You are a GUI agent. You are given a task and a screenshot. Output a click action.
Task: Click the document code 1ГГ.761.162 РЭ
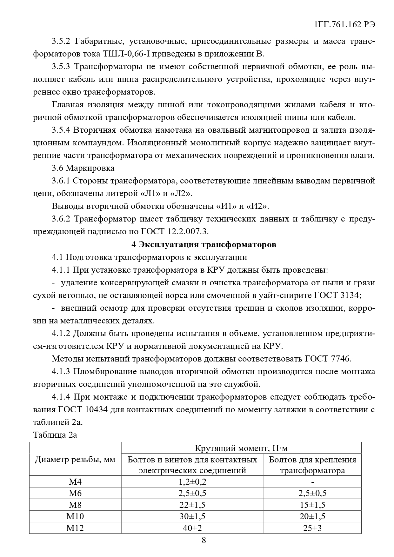click(344, 25)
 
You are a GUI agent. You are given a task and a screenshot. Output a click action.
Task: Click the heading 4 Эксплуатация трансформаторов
click(204, 245)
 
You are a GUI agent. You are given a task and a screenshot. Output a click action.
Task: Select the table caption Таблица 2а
click(55, 435)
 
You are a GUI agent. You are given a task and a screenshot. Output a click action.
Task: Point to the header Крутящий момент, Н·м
click(241, 448)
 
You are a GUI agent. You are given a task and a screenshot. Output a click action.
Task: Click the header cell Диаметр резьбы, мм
click(75, 459)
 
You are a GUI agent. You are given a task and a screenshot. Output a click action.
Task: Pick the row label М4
click(75, 481)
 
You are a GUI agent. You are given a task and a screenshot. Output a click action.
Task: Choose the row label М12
click(75, 528)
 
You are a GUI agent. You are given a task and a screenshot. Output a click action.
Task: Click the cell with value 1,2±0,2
click(192, 481)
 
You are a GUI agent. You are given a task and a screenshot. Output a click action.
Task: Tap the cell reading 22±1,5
click(192, 505)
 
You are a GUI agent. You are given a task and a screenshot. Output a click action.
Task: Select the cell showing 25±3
click(312, 528)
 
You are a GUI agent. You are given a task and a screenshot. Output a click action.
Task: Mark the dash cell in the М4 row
click(312, 482)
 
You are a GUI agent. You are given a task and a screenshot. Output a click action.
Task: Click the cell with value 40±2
click(192, 528)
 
